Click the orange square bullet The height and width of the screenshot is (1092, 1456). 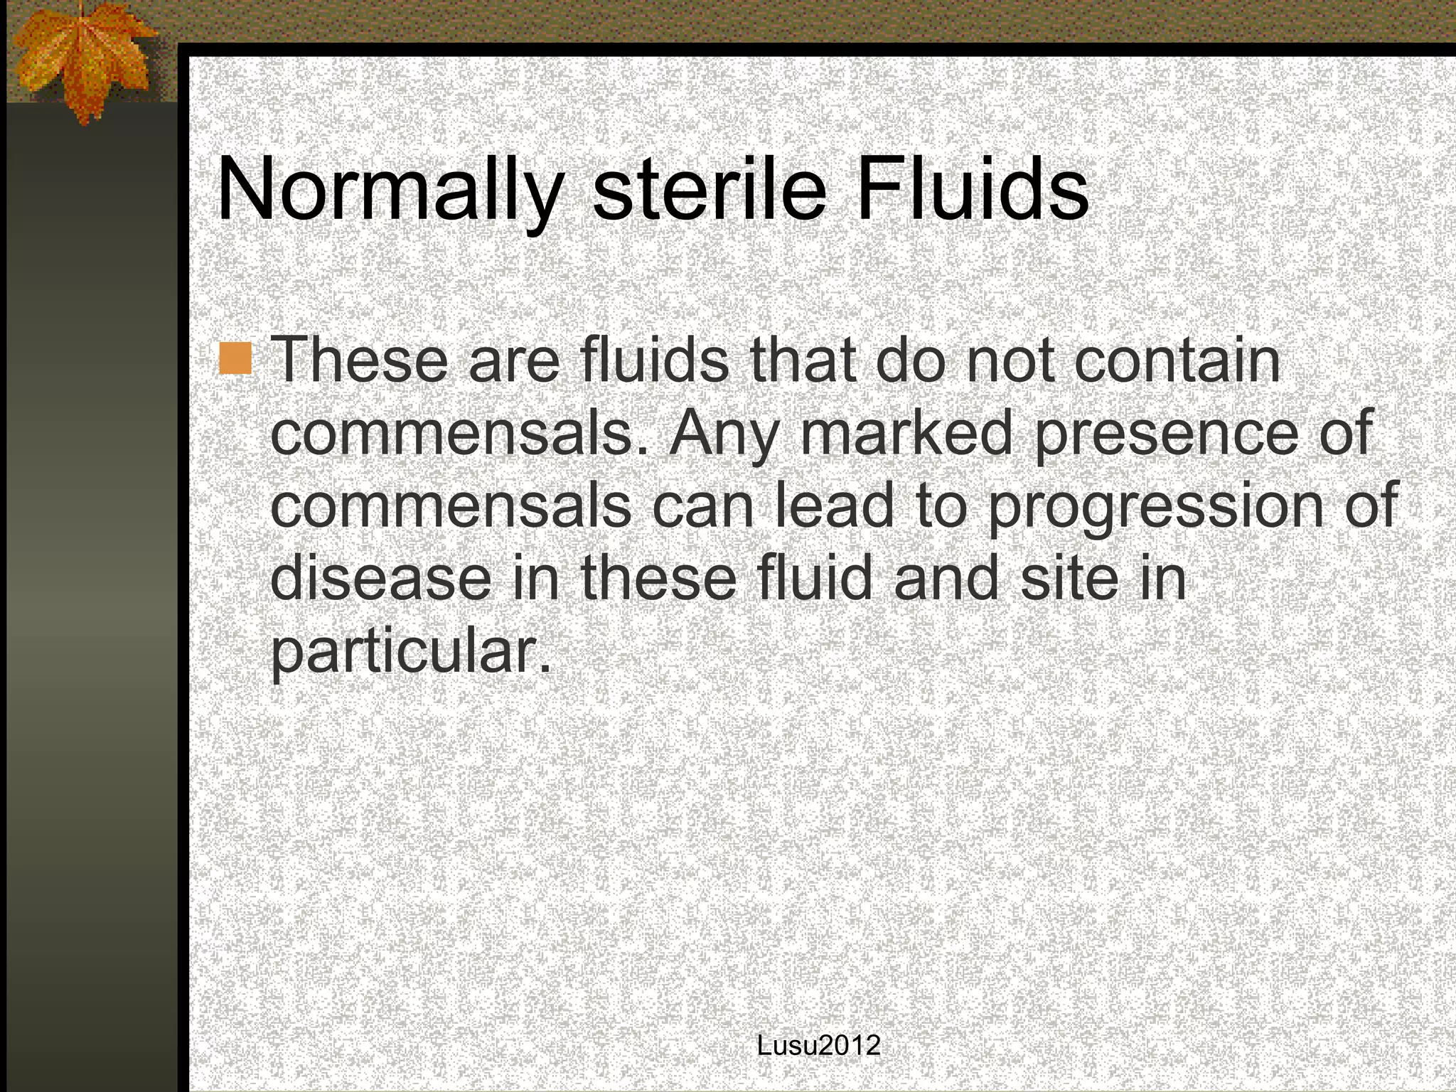pos(235,358)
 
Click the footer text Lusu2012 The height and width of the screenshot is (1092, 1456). pos(819,1046)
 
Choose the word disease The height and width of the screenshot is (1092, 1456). pos(380,577)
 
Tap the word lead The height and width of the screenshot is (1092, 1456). pos(834,505)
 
